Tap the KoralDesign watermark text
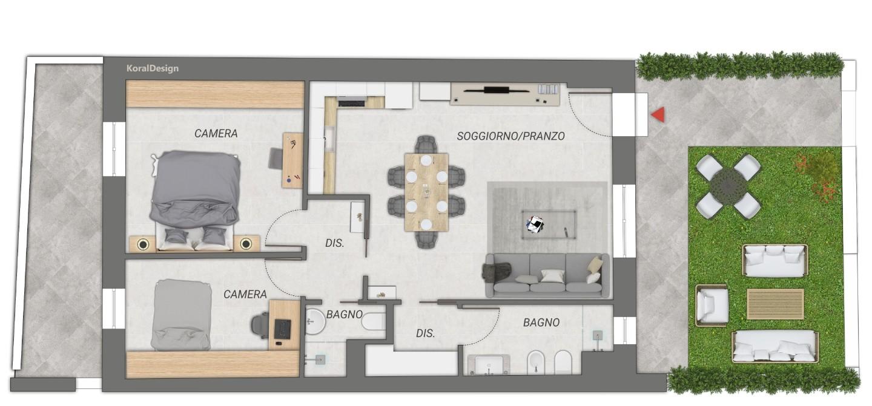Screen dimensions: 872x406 [153, 68]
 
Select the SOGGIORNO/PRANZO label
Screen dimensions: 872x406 [510, 136]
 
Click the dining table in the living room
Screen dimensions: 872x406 [426, 192]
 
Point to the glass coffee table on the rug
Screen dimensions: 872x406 [549, 224]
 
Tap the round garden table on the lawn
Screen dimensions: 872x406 [728, 186]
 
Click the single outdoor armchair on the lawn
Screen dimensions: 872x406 [712, 306]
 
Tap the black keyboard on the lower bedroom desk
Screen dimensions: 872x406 [283, 329]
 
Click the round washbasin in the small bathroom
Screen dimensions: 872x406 [314, 322]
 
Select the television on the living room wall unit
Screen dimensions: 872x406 [497, 90]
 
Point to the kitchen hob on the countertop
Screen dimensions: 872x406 [351, 103]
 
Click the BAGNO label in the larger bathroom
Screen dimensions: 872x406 [541, 323]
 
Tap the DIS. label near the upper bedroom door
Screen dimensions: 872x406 [335, 243]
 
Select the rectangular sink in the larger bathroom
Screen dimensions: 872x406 [489, 365]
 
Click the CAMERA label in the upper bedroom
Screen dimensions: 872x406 [216, 133]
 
